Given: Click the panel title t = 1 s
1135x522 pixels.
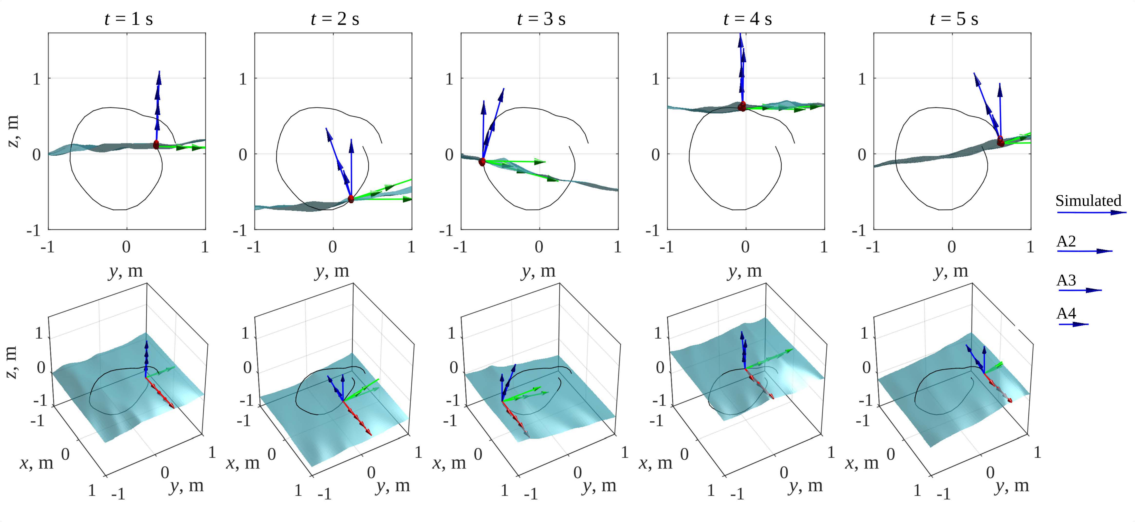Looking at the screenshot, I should coord(129,19).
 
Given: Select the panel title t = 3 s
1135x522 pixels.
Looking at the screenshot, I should coord(541,19).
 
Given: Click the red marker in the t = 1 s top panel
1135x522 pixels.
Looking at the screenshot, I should coord(156,145).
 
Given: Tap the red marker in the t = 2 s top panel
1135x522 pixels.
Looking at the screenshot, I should coord(351,199).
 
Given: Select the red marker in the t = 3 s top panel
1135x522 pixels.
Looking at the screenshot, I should coord(482,162).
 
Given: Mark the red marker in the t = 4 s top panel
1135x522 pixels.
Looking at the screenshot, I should coord(742,106).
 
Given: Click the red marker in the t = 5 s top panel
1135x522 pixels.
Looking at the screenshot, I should coord(1001,142).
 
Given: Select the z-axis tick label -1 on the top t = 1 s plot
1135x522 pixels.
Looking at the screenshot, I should coord(34,230).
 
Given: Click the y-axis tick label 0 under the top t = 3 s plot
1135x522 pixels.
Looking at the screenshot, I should coord(539,247).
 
